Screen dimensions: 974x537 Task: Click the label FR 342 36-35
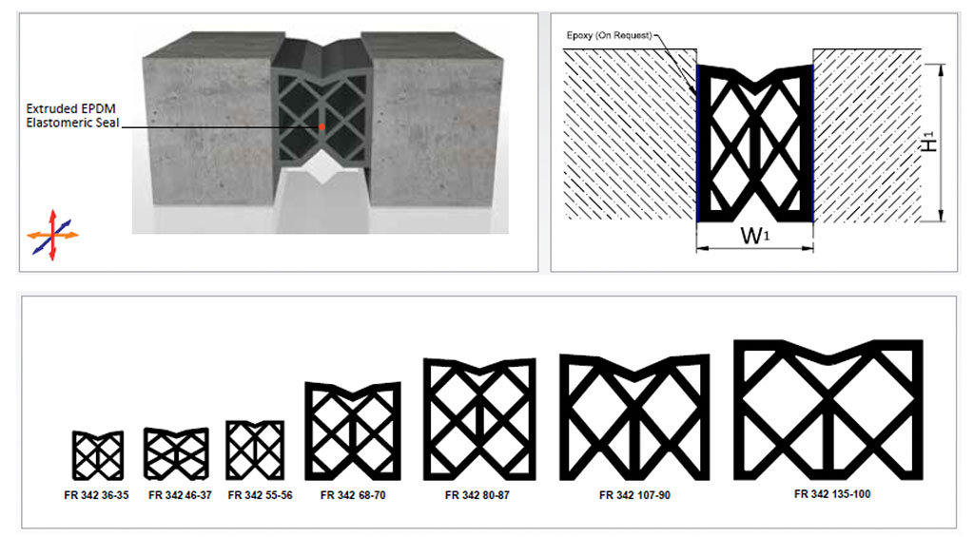[96, 495]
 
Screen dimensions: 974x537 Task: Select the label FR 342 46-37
[180, 495]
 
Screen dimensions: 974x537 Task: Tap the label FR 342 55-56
[261, 495]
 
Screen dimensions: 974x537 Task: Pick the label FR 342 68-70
[353, 495]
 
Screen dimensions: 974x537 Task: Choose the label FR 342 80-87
[477, 495]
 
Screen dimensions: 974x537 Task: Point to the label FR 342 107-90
[634, 495]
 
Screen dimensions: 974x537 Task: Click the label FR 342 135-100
[832, 494]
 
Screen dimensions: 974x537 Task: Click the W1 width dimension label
[754, 236]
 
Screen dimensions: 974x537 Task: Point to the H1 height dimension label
[928, 143]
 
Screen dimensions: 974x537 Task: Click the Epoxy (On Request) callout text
[610, 35]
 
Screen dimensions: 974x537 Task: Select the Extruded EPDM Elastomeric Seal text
[72, 115]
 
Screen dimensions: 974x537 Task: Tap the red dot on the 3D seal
[321, 126]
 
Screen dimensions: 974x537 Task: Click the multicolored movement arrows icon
[53, 235]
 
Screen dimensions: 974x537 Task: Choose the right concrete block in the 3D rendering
[435, 125]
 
